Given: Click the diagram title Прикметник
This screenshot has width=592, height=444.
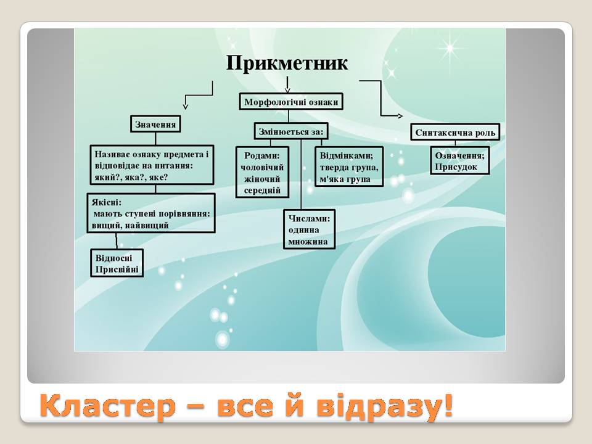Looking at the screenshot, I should [x=287, y=64].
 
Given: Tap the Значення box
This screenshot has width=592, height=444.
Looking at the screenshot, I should [x=155, y=125].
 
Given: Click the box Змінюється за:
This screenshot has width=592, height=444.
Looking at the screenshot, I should [x=290, y=131].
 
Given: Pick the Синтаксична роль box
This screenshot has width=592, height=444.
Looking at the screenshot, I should [x=455, y=133].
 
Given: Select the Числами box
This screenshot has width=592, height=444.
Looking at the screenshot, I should [x=309, y=230].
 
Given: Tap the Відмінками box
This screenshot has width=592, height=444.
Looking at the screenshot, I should [x=349, y=165].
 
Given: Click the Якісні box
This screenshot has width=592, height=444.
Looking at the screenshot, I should [x=152, y=213].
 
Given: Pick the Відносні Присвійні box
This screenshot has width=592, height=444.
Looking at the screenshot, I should [x=117, y=263].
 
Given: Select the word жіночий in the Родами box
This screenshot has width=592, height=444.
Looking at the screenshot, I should [x=262, y=179].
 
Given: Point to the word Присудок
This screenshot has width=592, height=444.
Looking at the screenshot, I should [x=456, y=167].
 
